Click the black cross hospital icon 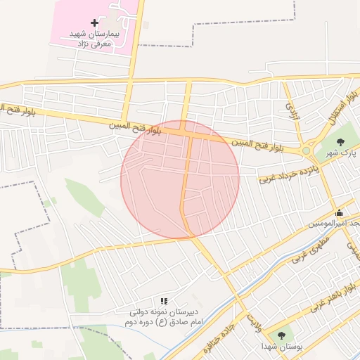[95, 23]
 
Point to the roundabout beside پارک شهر [306, 150]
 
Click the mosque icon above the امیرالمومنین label [339, 213]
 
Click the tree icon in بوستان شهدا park [282, 335]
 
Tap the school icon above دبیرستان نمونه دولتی [164, 301]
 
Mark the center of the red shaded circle [180, 179]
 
